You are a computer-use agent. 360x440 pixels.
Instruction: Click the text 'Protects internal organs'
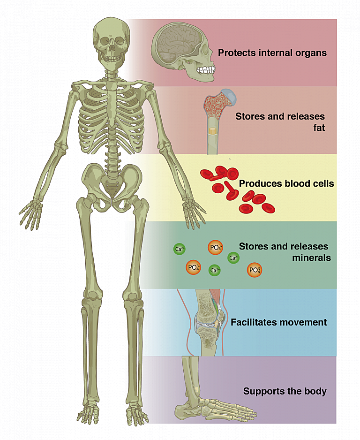(x=272, y=53)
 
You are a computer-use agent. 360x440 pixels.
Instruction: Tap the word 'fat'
(x=318, y=128)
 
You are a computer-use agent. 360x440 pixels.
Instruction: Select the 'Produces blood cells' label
(x=286, y=183)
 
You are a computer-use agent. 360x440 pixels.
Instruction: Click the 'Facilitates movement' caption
(x=278, y=322)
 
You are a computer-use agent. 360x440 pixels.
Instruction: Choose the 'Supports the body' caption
(x=285, y=391)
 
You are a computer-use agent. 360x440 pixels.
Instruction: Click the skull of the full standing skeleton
(x=111, y=41)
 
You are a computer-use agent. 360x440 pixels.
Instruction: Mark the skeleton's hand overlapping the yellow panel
(x=193, y=211)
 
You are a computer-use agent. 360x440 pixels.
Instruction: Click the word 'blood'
(x=298, y=183)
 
